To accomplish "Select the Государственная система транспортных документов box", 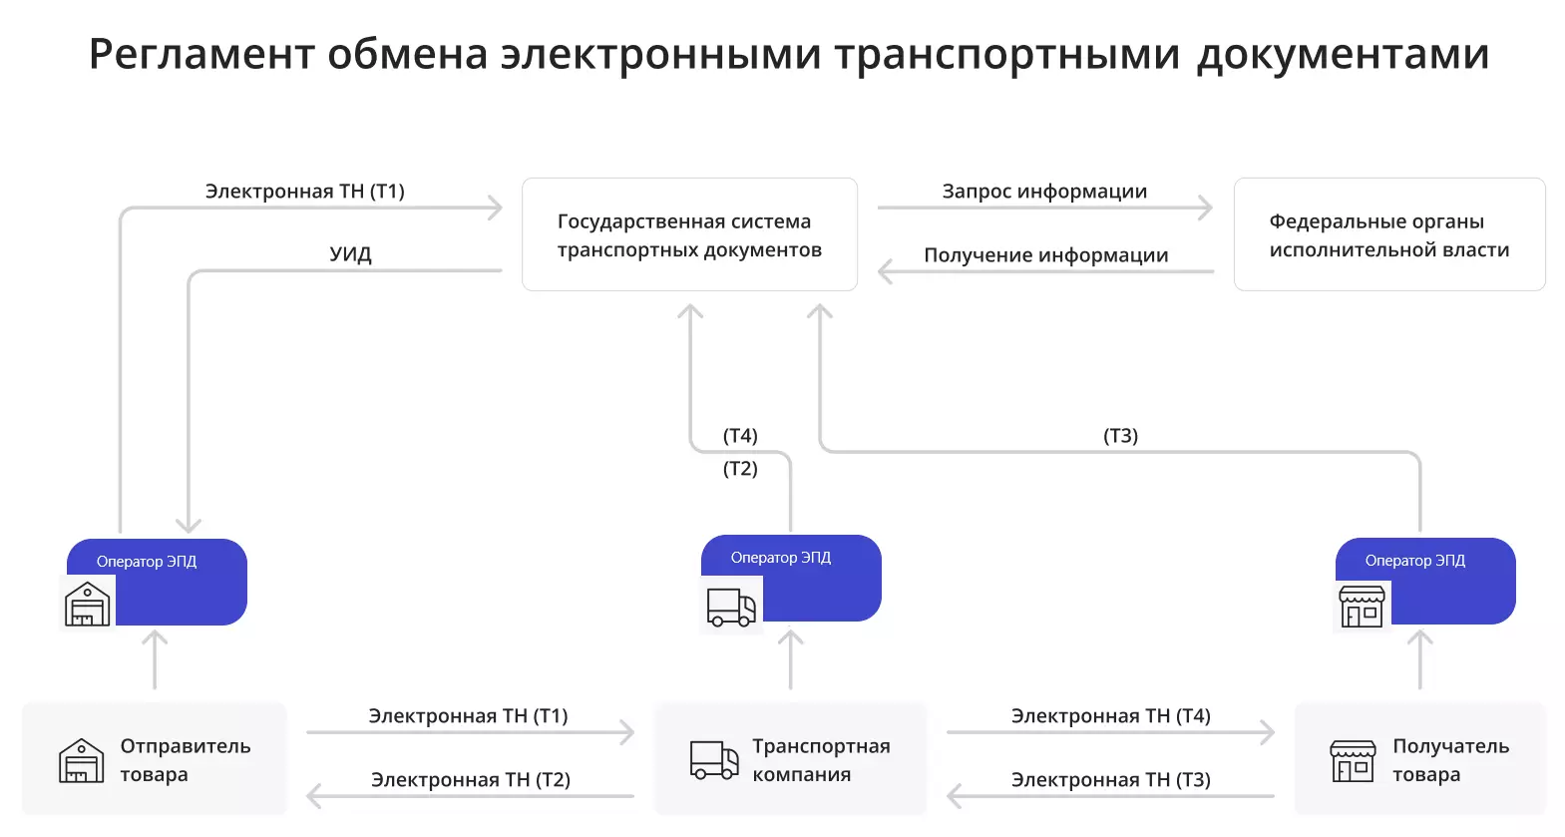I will point(689,235).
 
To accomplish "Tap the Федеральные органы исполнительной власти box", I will point(1388,235).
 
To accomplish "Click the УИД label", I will point(350,254).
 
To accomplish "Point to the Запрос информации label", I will point(1044,192).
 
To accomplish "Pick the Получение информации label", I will point(1045,255).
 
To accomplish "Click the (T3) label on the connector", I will point(1120,436).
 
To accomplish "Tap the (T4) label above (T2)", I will point(740,436).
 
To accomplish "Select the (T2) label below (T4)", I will point(740,469).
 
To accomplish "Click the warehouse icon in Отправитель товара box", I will point(81,761).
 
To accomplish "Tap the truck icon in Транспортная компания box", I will point(714,760).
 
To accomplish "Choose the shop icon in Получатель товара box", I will point(1353,761).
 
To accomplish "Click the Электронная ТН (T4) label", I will point(1110,716).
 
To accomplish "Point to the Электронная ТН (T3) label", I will point(1110,780).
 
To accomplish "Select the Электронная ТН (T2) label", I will point(470,780).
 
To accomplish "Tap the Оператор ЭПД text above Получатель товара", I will point(1414,561).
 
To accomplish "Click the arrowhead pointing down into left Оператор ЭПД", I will point(189,525).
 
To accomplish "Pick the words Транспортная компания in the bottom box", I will point(820,760).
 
